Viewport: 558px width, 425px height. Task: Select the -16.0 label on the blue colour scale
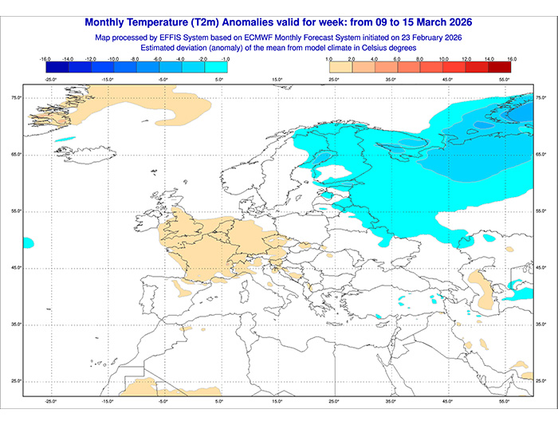45,59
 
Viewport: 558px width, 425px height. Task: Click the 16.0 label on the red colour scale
511,59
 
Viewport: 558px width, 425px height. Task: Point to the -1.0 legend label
227,59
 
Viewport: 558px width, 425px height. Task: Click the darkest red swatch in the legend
500,68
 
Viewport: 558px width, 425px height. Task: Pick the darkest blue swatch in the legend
57,68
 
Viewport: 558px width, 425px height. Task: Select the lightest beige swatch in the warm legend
340,68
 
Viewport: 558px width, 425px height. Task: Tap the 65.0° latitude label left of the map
15,155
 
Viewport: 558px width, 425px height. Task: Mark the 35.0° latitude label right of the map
541,325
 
